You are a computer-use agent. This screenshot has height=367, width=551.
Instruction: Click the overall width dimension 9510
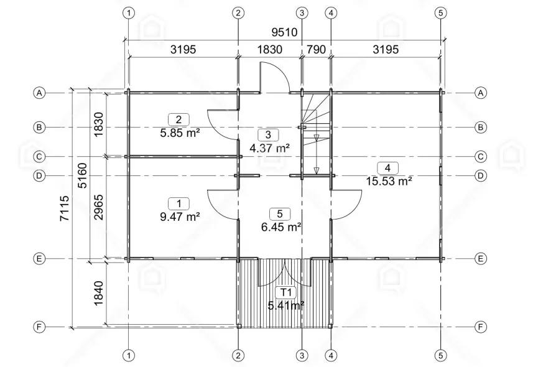[284, 32]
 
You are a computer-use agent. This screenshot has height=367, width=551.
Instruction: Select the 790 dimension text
[316, 50]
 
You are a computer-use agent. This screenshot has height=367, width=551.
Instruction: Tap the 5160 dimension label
[83, 175]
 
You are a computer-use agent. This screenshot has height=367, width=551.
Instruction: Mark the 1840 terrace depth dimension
[98, 292]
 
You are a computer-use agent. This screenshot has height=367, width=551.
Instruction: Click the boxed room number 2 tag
[178, 119]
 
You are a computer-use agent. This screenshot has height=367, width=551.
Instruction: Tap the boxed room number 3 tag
[268, 134]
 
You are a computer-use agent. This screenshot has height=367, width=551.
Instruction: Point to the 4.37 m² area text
[269, 148]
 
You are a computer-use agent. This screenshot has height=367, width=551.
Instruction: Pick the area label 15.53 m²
[389, 181]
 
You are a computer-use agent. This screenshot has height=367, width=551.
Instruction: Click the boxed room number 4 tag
[388, 168]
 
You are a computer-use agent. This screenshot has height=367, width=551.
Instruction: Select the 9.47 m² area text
[179, 216]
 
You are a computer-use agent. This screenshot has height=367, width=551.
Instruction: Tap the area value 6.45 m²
[281, 227]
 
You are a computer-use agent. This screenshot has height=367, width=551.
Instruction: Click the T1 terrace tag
[285, 292]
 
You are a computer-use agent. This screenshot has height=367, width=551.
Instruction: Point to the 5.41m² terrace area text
[285, 305]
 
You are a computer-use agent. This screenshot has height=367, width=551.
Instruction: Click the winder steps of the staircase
[314, 109]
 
